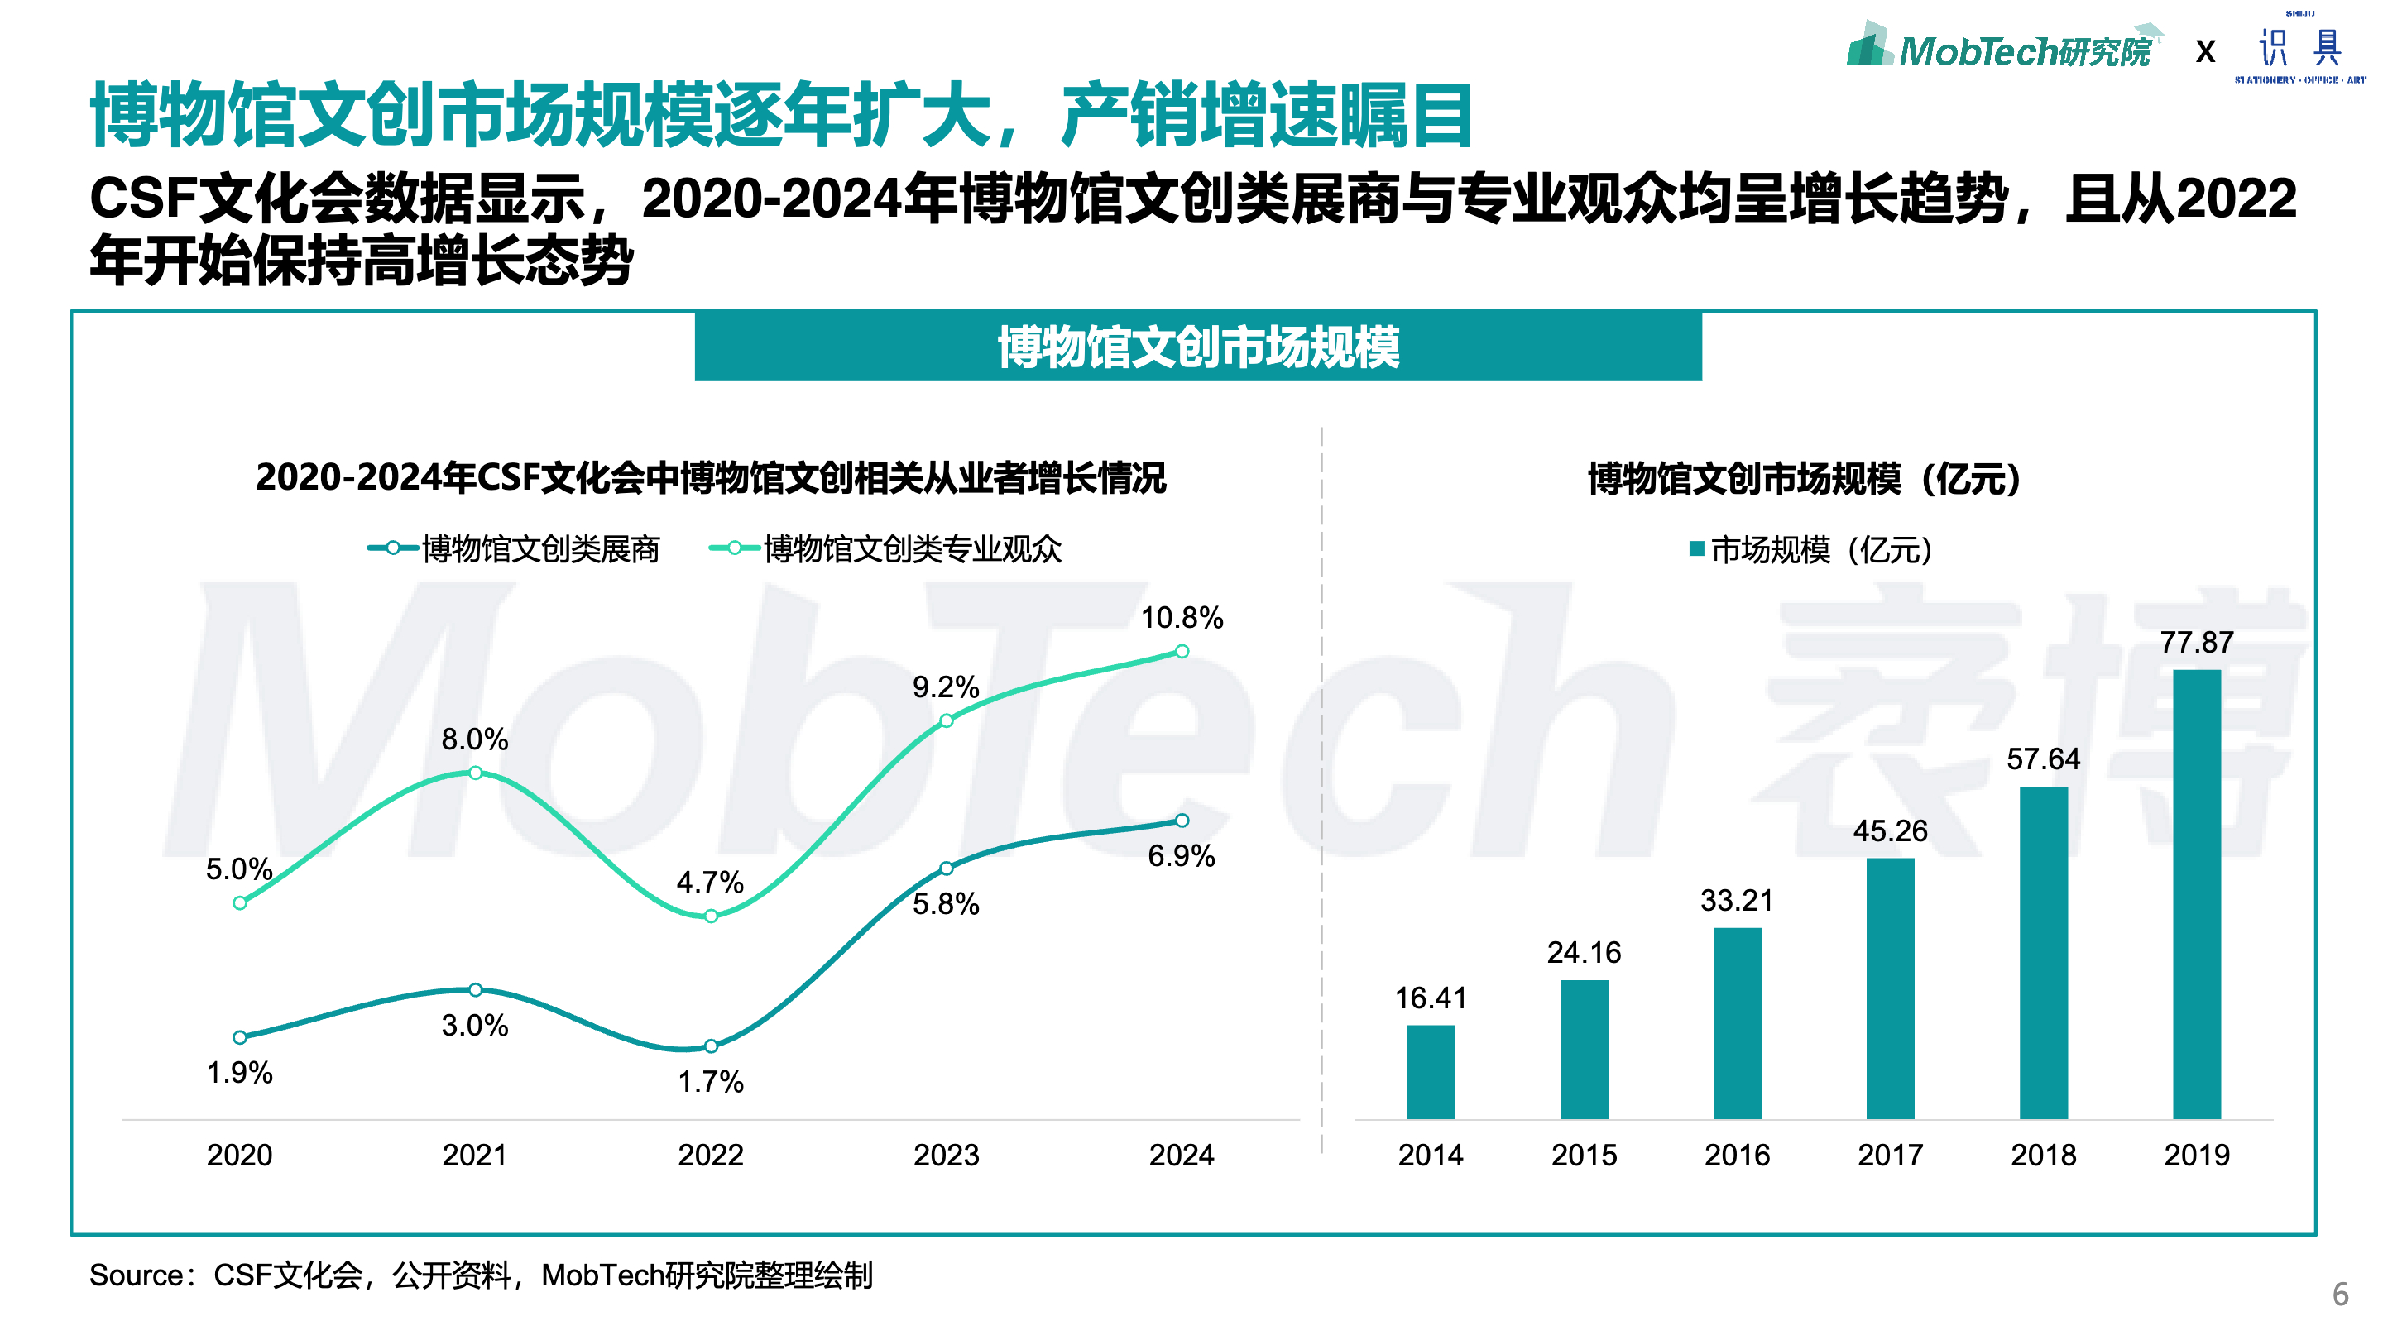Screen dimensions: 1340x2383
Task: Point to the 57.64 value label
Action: coord(2043,759)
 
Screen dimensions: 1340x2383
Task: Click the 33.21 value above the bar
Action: coord(1737,900)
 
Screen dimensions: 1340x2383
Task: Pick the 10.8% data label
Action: coord(1182,618)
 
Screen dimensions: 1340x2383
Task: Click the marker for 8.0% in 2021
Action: coord(476,773)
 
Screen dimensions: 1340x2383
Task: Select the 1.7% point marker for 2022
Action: coord(711,1046)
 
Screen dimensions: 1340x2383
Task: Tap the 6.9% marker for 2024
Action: coord(1182,821)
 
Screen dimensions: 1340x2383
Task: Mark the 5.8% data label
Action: coord(946,903)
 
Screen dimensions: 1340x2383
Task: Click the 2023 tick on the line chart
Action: coord(946,1155)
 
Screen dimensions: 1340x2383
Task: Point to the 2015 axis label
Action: coord(1584,1155)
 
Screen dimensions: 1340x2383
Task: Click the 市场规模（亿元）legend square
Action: coord(1696,549)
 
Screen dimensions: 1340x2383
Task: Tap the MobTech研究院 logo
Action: coord(2002,48)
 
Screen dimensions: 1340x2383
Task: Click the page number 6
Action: coord(2341,1293)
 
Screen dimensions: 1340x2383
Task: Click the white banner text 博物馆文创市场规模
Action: coord(1198,347)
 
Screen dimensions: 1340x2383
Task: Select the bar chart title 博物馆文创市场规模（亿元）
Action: coord(1804,479)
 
